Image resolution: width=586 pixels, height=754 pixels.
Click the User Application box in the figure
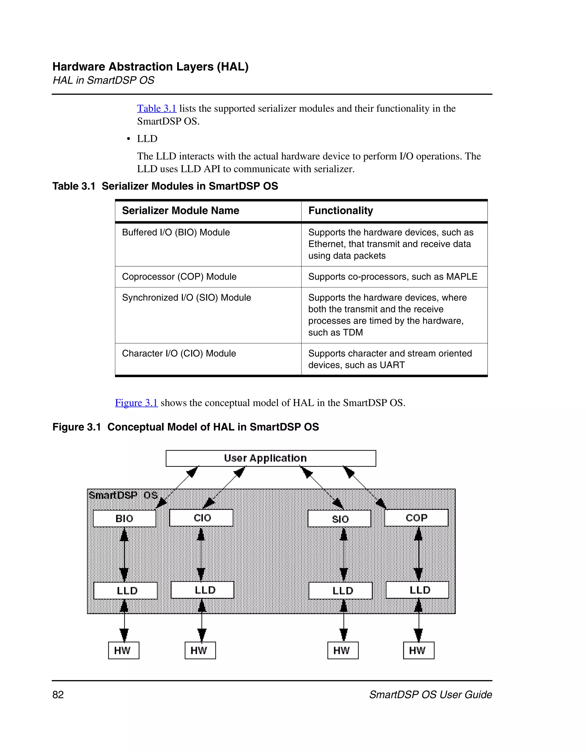pos(271,458)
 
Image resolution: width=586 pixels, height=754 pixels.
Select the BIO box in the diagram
pos(124,519)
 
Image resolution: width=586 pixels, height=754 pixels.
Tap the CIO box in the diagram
pos(201,518)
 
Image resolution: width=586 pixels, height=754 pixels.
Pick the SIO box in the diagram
pos(339,519)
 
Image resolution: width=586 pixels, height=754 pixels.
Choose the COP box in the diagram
pos(416,518)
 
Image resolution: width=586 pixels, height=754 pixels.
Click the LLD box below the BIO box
pos(126,591)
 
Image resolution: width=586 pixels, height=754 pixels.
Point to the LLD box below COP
pos(417,590)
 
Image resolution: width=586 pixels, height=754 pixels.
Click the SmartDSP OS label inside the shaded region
pos(123,495)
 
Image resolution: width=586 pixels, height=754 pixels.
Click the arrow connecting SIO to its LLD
pos(344,555)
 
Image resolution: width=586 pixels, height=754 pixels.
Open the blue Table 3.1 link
pos(157,109)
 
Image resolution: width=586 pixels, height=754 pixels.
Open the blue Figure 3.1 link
pos(136,403)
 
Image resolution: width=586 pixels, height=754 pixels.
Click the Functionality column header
pos(340,210)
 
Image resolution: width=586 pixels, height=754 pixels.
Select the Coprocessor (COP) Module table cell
pos(179,277)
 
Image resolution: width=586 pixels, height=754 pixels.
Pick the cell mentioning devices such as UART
pos(390,359)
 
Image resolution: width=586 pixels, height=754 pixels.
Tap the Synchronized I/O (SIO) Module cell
pos(186,298)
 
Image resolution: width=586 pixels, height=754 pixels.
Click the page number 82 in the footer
pos(58,695)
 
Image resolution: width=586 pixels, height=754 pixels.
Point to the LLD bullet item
pos(147,139)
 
